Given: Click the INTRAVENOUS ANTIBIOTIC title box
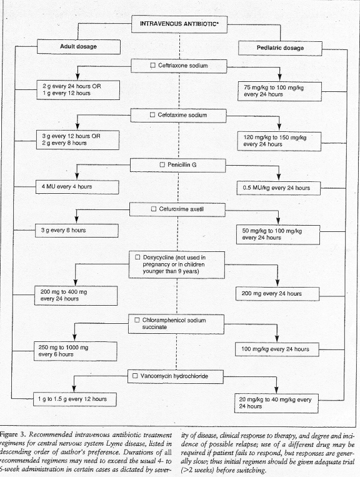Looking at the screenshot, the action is (179, 24).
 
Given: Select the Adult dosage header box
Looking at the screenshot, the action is (79, 46).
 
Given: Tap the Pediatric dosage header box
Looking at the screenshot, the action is (280, 48).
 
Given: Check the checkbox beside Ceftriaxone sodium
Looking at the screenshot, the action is (153, 66).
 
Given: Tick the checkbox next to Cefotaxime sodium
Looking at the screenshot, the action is (152, 115).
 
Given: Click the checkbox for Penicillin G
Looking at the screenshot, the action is (162, 164).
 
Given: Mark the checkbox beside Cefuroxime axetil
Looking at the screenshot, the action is (154, 209).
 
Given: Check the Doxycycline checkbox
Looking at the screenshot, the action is (137, 258).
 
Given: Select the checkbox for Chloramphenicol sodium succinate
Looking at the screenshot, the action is (137, 320).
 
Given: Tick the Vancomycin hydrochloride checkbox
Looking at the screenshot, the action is (135, 376).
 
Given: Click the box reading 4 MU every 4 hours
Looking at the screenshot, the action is (77, 187).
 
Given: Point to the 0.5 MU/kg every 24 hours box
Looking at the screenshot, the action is (279, 188).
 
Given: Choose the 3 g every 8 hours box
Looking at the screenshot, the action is (77, 230).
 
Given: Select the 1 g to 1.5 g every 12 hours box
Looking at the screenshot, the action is (75, 399).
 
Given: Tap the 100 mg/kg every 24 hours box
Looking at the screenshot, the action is (277, 349).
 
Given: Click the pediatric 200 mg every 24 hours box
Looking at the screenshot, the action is (277, 294).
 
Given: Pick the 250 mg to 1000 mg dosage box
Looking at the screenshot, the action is (76, 351).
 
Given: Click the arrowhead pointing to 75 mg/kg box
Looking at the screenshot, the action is (280, 78).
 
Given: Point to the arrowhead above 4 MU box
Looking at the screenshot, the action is (77, 176).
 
